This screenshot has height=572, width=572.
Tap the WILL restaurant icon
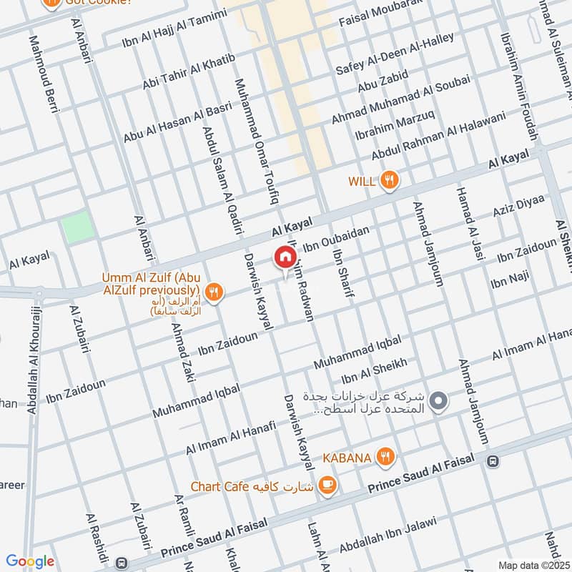389,180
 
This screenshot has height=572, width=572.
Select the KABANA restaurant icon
385,456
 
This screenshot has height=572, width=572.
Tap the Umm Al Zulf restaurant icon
213,292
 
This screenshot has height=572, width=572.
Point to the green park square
77,228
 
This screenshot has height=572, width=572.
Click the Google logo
30,561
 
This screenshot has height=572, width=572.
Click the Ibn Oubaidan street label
336,238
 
